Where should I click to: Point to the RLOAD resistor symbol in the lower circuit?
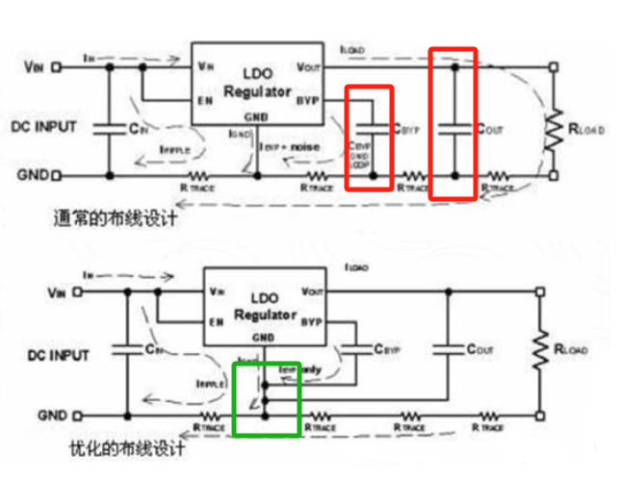coord(543,352)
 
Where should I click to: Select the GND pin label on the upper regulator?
coord(256,117)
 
